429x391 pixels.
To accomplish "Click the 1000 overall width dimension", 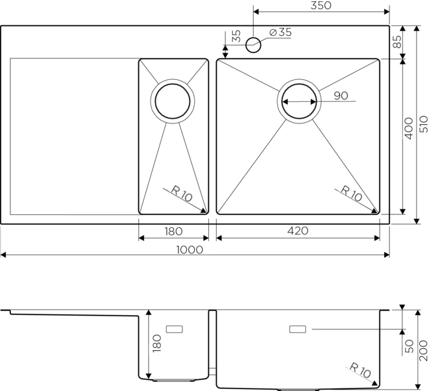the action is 190,249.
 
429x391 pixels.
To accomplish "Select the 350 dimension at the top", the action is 321,5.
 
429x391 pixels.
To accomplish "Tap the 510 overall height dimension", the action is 424,124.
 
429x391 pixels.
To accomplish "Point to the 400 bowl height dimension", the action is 408,129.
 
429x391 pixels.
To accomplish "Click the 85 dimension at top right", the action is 397,42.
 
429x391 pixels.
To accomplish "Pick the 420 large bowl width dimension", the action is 298,231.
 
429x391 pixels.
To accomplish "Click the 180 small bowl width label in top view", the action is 173,232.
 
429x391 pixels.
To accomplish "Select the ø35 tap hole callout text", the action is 281,32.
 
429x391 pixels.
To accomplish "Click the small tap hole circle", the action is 253,45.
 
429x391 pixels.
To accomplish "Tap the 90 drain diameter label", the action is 341,95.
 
